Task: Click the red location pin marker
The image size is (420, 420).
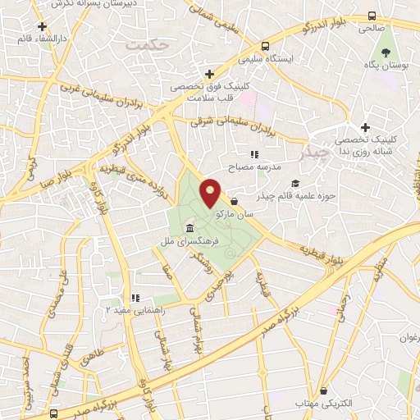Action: tap(211, 193)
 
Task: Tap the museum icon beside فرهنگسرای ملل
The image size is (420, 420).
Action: tap(189, 227)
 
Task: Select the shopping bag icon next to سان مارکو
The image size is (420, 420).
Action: tap(235, 201)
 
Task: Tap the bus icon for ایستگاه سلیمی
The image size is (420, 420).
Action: tap(264, 47)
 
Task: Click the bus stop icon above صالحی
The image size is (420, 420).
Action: tap(372, 16)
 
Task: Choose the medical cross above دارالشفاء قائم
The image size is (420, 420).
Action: tap(41, 28)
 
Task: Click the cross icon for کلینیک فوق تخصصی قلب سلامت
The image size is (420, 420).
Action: tap(211, 74)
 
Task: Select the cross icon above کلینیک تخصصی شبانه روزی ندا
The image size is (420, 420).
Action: tap(366, 127)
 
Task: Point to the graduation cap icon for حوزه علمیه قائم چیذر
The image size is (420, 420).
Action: tap(295, 183)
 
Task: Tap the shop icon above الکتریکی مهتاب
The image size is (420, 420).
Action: tap(325, 390)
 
